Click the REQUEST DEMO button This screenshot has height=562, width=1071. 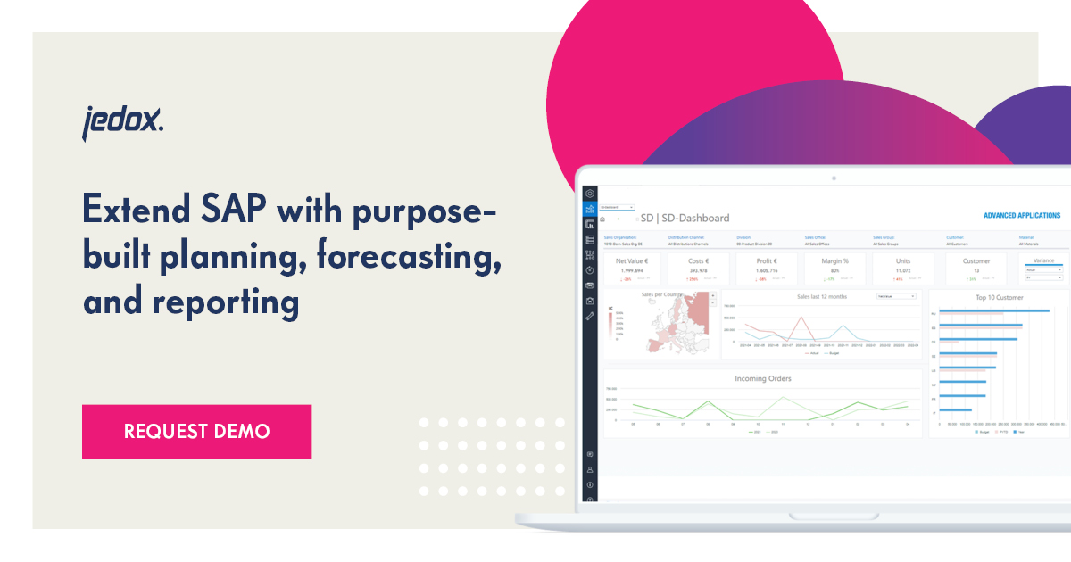coord(196,432)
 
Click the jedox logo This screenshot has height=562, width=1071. coord(123,122)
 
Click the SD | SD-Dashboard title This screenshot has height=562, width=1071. coord(685,218)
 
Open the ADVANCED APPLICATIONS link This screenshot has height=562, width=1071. coord(1021,216)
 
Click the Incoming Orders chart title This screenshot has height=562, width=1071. coord(762,378)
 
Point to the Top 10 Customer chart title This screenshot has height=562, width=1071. coord(999,296)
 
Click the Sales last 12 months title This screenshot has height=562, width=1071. coord(821,296)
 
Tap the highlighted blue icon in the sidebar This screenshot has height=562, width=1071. coord(589,208)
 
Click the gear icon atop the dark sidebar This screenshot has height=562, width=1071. coord(589,193)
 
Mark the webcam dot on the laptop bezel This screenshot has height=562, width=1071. coord(834,178)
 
